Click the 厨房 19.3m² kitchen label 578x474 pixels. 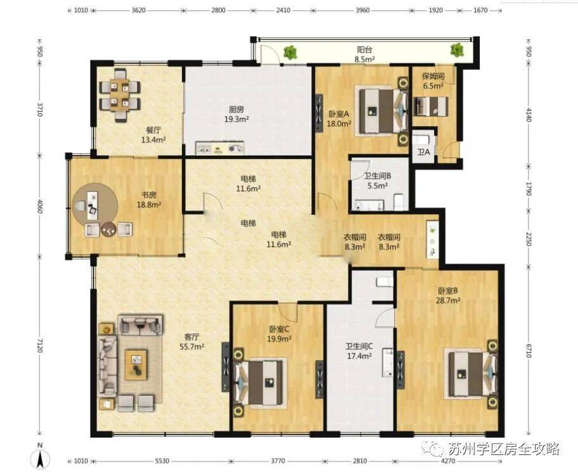click(x=236, y=114)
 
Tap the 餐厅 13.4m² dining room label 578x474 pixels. click(x=153, y=135)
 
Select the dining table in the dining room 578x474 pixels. click(x=120, y=94)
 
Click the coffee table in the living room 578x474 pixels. click(x=136, y=365)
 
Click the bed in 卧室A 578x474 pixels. click(x=382, y=110)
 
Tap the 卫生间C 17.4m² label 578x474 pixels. click(x=359, y=351)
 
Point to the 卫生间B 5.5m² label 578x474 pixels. click(x=378, y=181)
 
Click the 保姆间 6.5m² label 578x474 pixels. click(x=433, y=81)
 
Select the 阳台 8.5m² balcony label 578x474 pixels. click(x=364, y=54)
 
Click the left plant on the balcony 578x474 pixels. click(x=290, y=52)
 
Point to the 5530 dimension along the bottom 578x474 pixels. click(x=160, y=461)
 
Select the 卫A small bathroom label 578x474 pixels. click(x=423, y=151)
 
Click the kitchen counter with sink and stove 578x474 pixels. click(x=220, y=148)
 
